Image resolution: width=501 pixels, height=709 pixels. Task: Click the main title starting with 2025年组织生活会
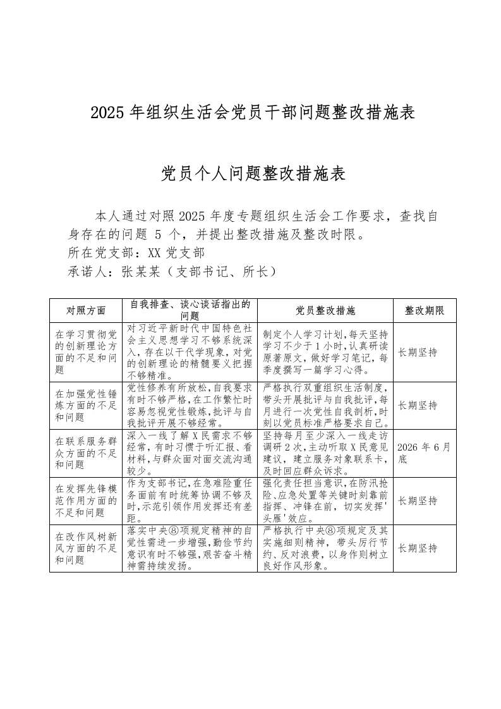(253, 113)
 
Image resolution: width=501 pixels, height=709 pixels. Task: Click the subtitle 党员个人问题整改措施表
(253, 173)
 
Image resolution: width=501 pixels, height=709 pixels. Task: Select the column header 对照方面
(86, 310)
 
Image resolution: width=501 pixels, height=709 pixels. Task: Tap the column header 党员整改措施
(325, 310)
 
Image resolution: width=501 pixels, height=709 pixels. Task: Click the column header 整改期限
(425, 310)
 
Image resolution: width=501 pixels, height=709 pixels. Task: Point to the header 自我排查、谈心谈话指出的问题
(190, 310)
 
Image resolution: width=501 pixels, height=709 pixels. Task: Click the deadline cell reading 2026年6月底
(424, 453)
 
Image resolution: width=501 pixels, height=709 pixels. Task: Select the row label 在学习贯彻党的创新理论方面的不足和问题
(86, 352)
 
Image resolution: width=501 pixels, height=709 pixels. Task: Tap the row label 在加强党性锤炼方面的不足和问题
(86, 405)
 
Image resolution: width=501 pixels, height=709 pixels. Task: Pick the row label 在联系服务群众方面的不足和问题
(86, 453)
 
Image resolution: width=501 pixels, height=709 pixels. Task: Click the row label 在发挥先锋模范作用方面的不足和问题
(86, 500)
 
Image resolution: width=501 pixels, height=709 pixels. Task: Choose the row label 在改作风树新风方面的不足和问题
(86, 548)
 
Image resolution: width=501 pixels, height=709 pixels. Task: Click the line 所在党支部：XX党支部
(136, 253)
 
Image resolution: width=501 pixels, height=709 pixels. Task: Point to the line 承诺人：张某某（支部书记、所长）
(172, 272)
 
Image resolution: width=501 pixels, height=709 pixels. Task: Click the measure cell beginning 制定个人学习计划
(325, 352)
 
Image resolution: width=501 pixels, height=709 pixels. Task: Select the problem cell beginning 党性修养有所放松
(190, 405)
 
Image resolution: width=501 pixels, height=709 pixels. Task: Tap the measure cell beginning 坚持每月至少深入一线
(325, 453)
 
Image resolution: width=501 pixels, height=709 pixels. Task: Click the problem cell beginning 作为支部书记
(190, 500)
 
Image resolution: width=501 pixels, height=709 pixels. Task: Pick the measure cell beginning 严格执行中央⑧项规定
(325, 548)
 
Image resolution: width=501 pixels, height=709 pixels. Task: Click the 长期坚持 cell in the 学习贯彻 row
(418, 352)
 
